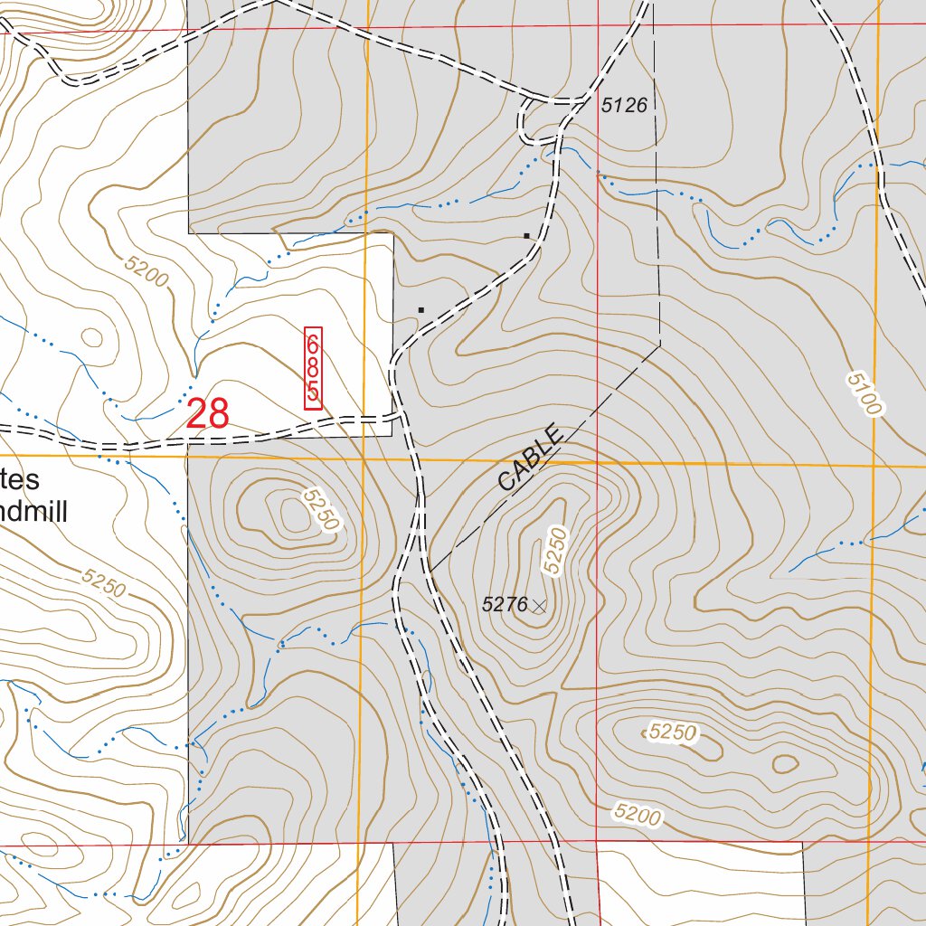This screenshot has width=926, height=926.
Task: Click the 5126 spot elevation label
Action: click(624, 106)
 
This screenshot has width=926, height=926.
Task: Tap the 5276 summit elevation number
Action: click(505, 605)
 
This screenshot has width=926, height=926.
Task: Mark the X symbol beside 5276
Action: click(540, 605)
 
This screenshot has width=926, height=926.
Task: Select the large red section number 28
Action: click(208, 414)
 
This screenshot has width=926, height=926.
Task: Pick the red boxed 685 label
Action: click(313, 368)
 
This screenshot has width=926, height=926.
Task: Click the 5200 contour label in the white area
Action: click(147, 271)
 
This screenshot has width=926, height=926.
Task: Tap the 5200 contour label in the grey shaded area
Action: click(637, 814)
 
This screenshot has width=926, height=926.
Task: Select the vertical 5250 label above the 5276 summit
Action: click(554, 549)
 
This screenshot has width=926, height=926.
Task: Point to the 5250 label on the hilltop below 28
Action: click(320, 510)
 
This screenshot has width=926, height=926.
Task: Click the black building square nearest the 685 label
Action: click(420, 309)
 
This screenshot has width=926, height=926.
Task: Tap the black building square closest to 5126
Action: click(526, 236)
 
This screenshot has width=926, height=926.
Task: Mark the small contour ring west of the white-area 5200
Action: click(91, 337)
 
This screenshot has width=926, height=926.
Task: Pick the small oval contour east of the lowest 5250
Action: click(785, 764)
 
